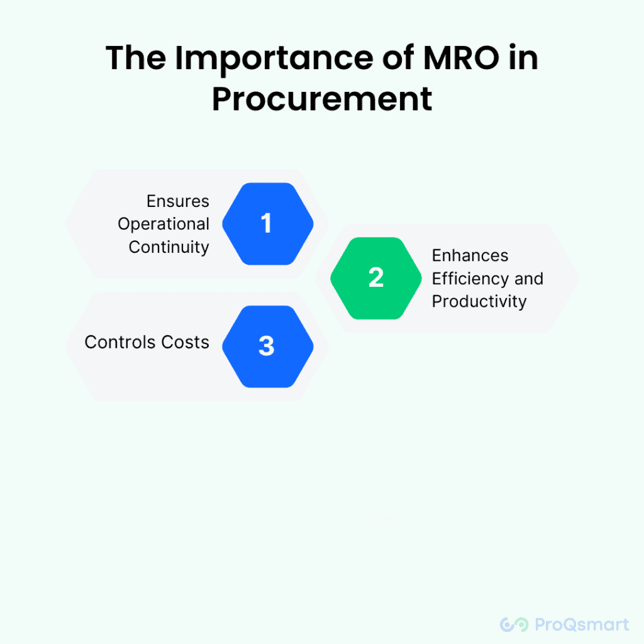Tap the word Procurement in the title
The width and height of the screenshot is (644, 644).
[x=322, y=99]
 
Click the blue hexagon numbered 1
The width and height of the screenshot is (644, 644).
[x=267, y=223]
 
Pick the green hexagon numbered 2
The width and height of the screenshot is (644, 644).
[x=376, y=278]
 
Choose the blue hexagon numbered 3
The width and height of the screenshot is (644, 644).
[x=267, y=346]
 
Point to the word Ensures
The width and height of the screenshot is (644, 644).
[x=178, y=201]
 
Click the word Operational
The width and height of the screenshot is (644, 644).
[x=164, y=224]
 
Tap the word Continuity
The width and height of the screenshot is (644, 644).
[x=169, y=247]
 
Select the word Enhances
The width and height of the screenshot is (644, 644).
[x=470, y=255]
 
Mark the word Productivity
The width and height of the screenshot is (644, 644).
[x=479, y=301]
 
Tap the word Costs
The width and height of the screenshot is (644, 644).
[x=186, y=342]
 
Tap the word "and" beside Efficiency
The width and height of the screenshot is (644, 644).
[x=529, y=278]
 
